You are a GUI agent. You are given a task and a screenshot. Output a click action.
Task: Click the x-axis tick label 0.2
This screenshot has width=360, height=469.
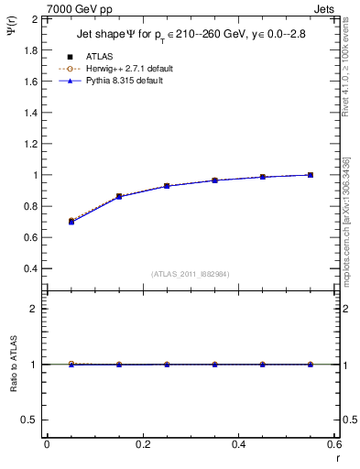[x=142, y=444]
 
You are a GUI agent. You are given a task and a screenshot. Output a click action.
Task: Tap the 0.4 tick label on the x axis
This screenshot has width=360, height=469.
[x=238, y=444]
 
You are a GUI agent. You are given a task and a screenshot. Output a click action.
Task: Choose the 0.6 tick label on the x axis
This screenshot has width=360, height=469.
[x=333, y=444]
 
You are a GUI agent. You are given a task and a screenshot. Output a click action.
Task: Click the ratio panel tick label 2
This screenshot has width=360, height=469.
[x=35, y=309]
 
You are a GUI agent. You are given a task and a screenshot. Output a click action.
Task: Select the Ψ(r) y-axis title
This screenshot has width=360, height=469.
[x=12, y=35]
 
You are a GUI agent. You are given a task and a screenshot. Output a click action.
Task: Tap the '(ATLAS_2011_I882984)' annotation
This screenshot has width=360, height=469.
[x=191, y=273]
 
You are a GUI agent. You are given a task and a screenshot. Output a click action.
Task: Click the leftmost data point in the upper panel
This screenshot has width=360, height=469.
[x=71, y=222]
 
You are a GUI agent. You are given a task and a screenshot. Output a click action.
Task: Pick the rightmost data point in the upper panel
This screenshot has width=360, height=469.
[x=311, y=175]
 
